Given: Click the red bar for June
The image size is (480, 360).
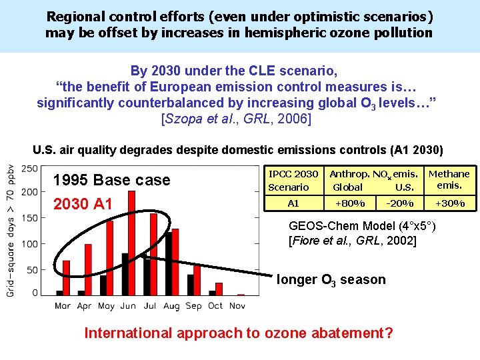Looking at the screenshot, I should tap(131, 243).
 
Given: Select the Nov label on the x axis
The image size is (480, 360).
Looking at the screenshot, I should tap(237, 305).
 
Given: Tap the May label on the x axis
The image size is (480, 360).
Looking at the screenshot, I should tap(106, 305).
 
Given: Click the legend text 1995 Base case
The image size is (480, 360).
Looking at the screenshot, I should tap(111, 180).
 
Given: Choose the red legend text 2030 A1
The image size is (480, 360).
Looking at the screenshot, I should tap(83, 203).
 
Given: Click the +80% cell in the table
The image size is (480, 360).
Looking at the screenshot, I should tap(349, 203).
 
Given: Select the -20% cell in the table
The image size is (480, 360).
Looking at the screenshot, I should tap(399, 203).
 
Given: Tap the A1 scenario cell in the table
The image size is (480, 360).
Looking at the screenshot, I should tap(293, 203).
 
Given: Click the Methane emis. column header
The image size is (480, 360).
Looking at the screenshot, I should tap(449, 179).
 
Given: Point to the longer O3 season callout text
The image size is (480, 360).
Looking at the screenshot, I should tap(331, 280).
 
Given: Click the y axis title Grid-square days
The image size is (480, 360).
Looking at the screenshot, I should tap(11, 230).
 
